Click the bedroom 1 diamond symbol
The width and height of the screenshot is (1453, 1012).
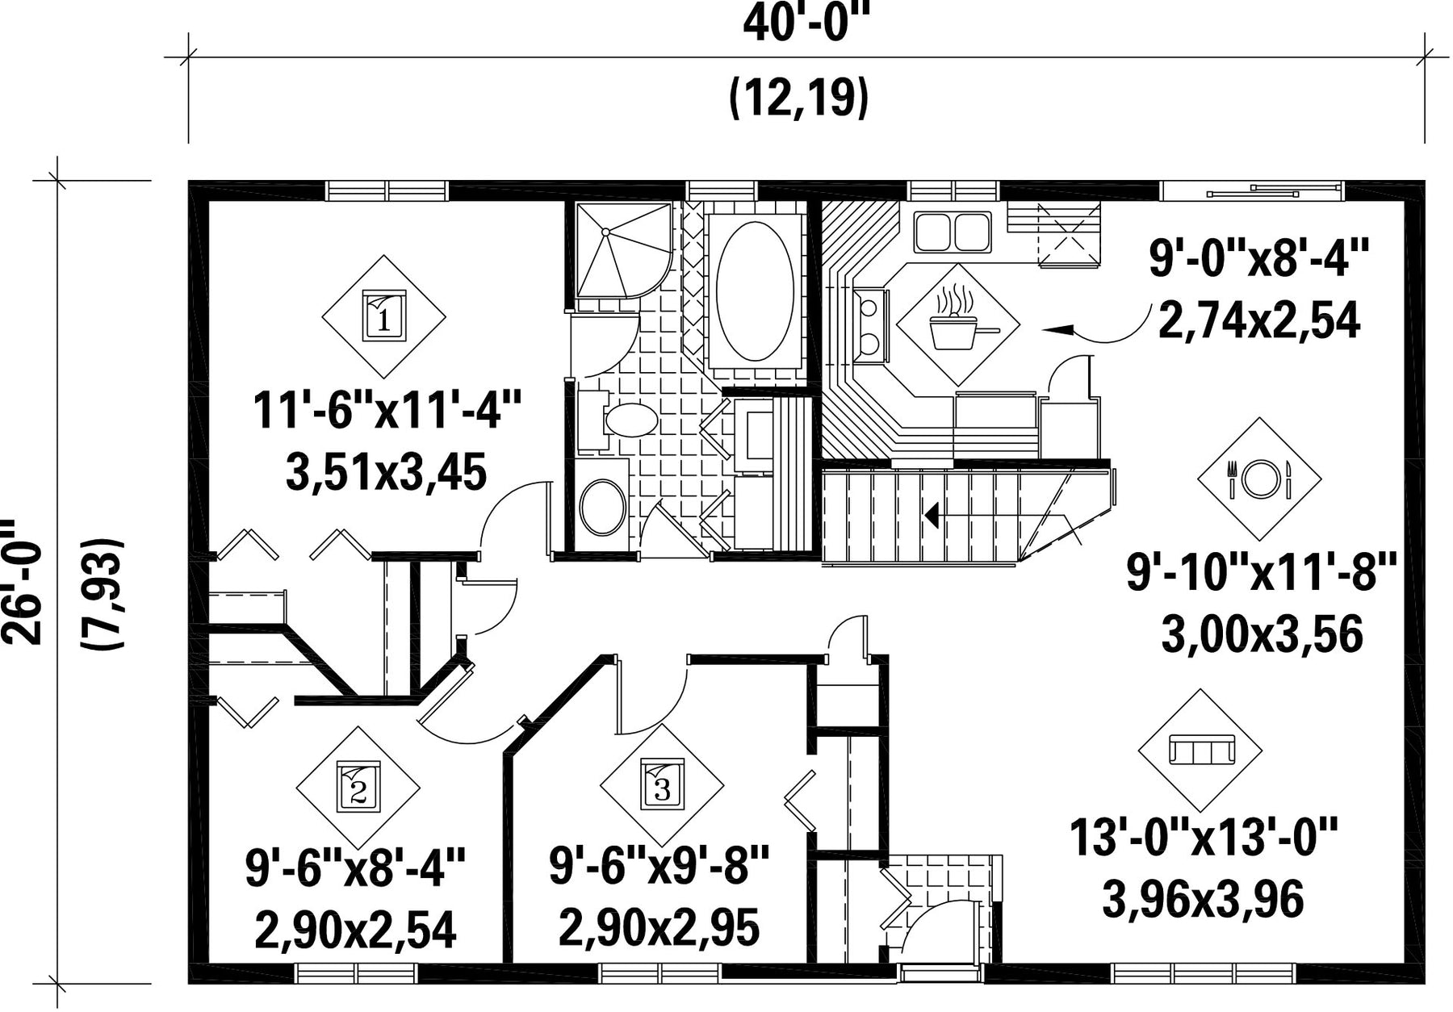384,316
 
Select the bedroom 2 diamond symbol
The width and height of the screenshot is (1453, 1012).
358,788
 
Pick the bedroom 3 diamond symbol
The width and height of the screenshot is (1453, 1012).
662,785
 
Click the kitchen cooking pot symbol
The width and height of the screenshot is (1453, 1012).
958,324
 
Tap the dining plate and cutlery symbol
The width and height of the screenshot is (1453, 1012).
1259,479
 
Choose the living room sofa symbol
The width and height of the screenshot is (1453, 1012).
1200,751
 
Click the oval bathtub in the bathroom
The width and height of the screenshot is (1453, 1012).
755,291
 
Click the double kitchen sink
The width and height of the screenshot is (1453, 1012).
953,232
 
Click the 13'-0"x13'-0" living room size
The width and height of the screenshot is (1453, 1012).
1204,837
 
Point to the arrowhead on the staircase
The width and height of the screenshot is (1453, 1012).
932,514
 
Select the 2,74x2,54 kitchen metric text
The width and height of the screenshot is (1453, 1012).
1259,320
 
